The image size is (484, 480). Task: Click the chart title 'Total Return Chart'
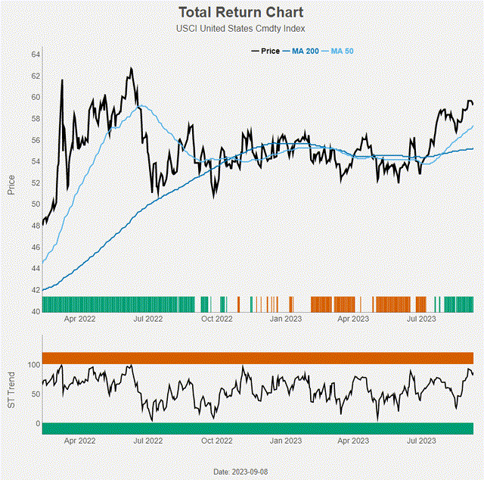[x=241, y=13]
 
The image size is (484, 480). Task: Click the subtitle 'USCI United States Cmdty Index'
[x=241, y=29]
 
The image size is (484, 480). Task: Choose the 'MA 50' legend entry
[x=343, y=51]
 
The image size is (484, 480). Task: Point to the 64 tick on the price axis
[x=36, y=55]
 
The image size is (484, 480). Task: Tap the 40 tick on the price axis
[x=36, y=311]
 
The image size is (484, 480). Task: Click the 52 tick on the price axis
[x=36, y=183]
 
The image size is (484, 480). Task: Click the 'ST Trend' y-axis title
[x=11, y=394]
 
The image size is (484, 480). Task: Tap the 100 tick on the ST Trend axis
[x=33, y=365]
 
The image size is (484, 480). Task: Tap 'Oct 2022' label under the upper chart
[x=217, y=319]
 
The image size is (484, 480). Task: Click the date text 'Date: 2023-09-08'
[x=240, y=472]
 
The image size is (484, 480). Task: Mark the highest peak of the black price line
[x=131, y=68]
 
